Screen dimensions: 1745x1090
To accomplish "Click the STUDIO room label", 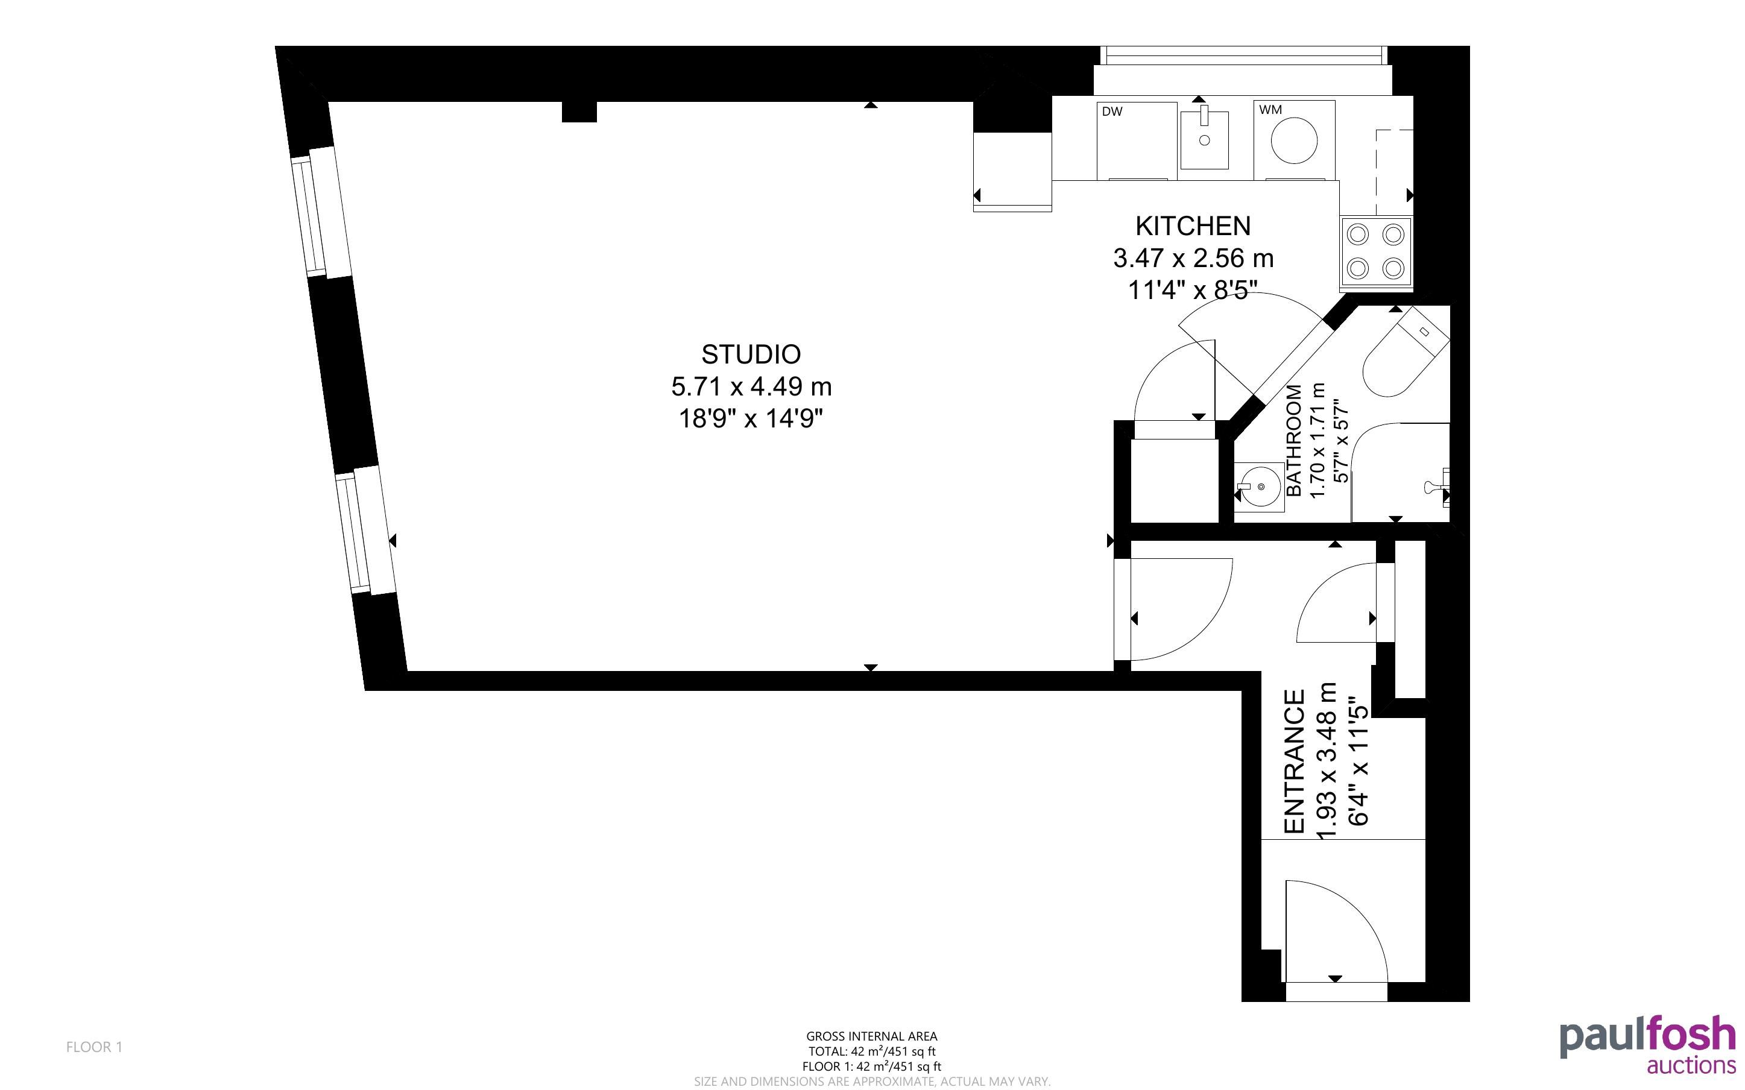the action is (x=751, y=354).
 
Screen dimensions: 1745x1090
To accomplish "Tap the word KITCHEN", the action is (x=1193, y=226).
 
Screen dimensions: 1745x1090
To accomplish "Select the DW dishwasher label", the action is (x=1112, y=112).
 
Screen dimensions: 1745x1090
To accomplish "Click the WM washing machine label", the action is (x=1270, y=110).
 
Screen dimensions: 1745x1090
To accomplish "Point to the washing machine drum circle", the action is (x=1294, y=140).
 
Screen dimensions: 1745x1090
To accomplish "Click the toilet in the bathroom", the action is (x=1402, y=353).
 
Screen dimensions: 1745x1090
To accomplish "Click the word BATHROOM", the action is (x=1295, y=441).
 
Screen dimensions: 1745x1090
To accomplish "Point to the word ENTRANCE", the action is (x=1295, y=762).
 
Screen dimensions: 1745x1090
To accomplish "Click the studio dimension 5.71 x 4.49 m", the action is (x=752, y=387).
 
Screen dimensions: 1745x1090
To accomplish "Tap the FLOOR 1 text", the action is (x=95, y=1047).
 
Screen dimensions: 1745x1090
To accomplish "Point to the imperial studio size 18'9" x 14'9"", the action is (x=751, y=419).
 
